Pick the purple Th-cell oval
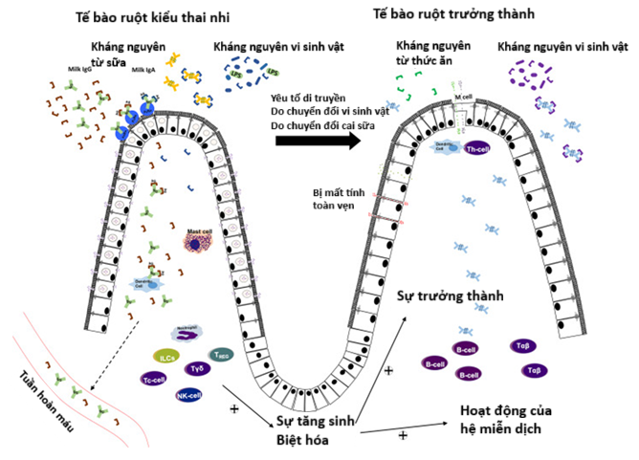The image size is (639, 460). point(475,150)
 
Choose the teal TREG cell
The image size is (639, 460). point(222,355)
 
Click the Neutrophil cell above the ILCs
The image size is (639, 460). point(187,335)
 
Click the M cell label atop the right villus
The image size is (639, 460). point(466,98)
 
